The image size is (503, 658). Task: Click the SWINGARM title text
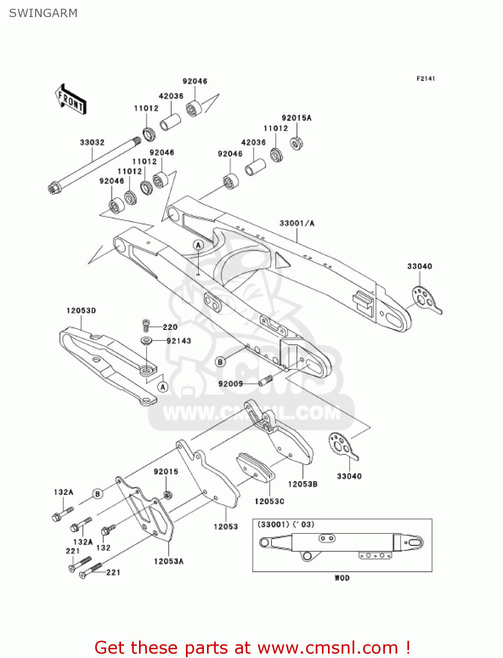pos(43,13)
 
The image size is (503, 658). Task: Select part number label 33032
pos(92,143)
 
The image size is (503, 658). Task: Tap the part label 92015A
pos(296,118)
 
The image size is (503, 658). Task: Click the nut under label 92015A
pos(297,143)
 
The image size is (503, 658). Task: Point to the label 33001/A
pos(297,223)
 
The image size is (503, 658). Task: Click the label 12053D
pos(81,311)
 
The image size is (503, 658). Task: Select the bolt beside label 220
pos(146,325)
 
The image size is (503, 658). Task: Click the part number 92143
pos(179,341)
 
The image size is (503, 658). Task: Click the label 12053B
pos(303,484)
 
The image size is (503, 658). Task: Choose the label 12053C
pos(269,501)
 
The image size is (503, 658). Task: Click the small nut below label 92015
pos(167,495)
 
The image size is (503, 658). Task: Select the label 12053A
pos(169,561)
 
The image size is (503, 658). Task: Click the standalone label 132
pos(103,548)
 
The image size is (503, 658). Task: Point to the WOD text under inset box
pos(342,578)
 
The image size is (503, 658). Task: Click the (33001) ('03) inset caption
pos(285,525)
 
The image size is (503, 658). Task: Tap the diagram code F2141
pos(425,79)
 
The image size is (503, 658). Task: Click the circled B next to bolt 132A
pos(98,494)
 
